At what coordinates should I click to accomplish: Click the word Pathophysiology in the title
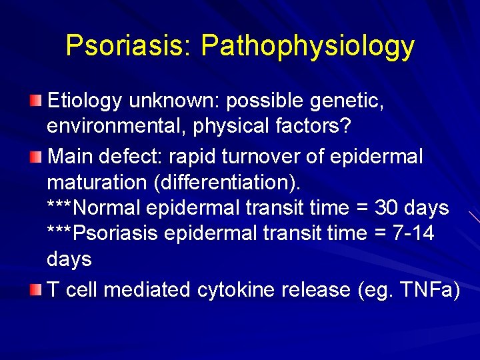[x=307, y=46]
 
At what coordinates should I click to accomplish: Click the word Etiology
[x=85, y=101]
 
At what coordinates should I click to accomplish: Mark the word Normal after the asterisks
[x=107, y=207]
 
